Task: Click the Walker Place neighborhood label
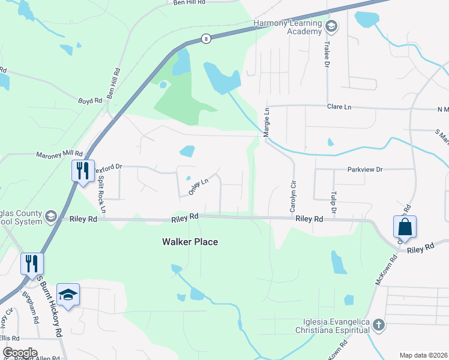[x=190, y=242]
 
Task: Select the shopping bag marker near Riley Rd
[x=405, y=227]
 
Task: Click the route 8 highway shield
[x=206, y=39]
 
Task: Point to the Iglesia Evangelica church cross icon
[x=378, y=325]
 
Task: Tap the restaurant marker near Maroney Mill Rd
[x=82, y=170]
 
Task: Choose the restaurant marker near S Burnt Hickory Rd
[x=31, y=263]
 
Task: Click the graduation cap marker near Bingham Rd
[x=68, y=294]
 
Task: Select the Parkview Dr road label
[x=365, y=170]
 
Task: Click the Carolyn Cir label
[x=293, y=197]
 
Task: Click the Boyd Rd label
[x=90, y=101]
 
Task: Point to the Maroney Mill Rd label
[x=58, y=155]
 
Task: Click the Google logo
[x=19, y=353]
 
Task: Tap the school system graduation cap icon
[x=51, y=216]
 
